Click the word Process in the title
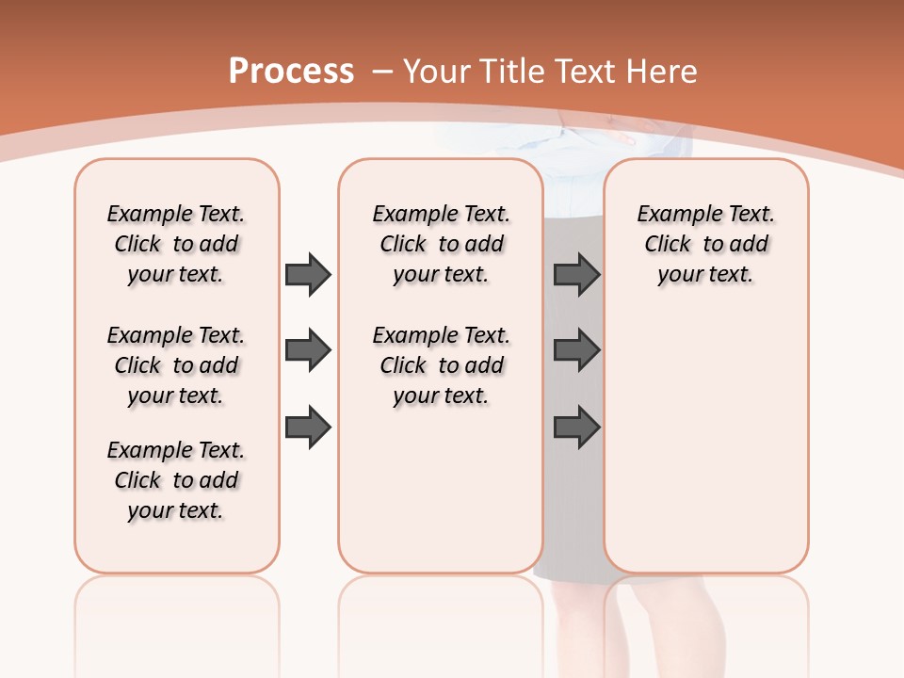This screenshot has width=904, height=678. point(291,71)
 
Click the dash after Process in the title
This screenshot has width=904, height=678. point(382,72)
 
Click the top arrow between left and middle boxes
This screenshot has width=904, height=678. point(308,274)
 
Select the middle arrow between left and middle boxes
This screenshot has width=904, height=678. point(308,351)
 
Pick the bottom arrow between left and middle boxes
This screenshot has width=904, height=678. point(308,428)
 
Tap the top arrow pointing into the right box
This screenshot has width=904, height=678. point(577,274)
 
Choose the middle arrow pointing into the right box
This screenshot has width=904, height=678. point(577,351)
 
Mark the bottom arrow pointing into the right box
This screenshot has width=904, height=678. point(577,428)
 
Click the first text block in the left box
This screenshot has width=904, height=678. point(176,244)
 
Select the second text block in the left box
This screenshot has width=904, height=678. point(176,365)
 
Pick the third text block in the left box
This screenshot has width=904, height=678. point(176,480)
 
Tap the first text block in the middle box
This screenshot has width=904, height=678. point(442,244)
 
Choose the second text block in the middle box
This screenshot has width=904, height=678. point(442,365)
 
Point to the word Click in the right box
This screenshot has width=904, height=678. point(668,245)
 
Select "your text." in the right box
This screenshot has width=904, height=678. point(705,275)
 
